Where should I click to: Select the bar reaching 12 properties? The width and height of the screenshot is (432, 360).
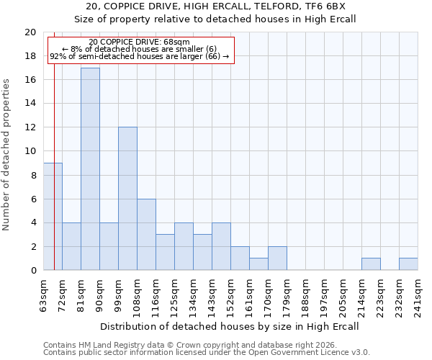pyautogui.click(x=127, y=199)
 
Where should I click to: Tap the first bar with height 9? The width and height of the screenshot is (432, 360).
pyautogui.click(x=53, y=217)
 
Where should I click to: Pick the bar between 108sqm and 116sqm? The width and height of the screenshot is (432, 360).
pyautogui.click(x=146, y=235)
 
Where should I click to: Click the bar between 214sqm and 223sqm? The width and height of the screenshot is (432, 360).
pyautogui.click(x=371, y=264)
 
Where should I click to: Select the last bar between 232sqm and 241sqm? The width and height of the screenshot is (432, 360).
pyautogui.click(x=408, y=264)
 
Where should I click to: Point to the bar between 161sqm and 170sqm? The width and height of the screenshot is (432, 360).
pyautogui.click(x=258, y=264)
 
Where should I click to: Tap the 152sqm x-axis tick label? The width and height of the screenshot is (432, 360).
pyautogui.click(x=230, y=294)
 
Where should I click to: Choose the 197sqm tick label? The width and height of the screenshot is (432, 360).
pyautogui.click(x=324, y=294)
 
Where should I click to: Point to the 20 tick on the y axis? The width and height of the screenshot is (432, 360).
pyautogui.click(x=30, y=32)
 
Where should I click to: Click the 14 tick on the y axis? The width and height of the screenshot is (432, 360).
pyautogui.click(x=30, y=104)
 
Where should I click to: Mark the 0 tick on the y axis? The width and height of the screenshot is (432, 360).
pyautogui.click(x=33, y=271)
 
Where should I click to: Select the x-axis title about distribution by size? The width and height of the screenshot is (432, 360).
pyautogui.click(x=230, y=326)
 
